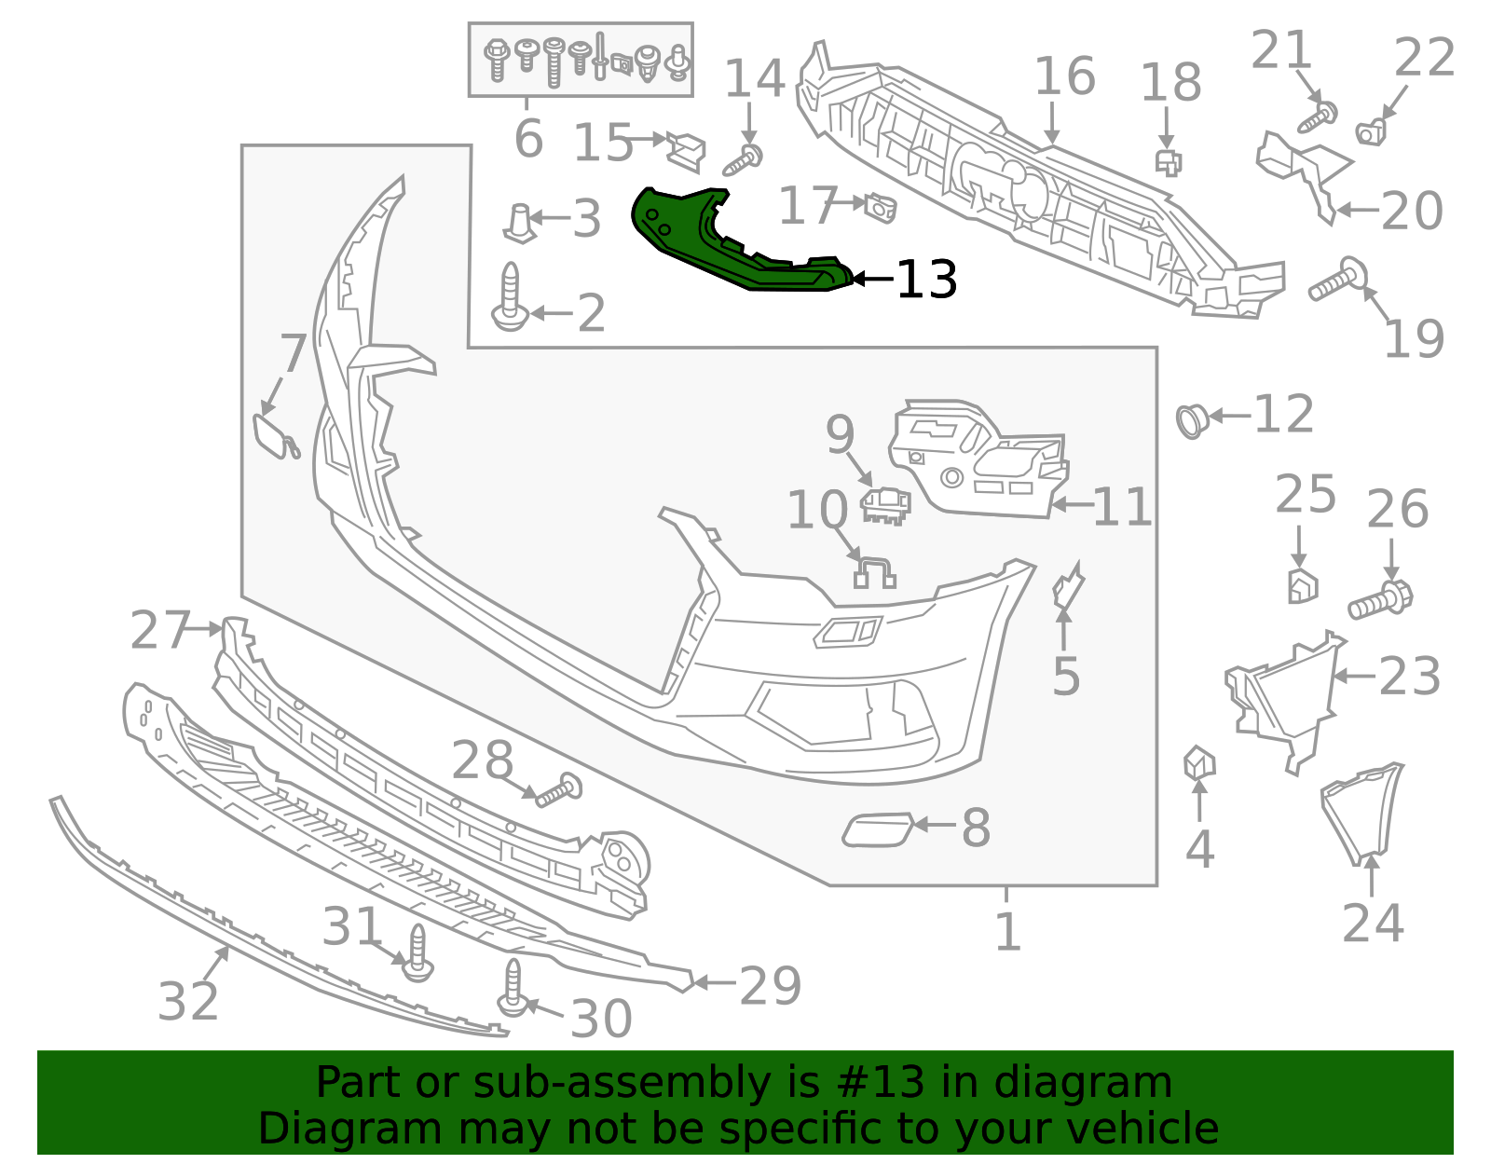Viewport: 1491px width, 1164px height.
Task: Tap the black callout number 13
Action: click(x=926, y=279)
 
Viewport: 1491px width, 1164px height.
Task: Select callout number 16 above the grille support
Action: click(x=1064, y=77)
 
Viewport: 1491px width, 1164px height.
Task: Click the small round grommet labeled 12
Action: click(x=1192, y=421)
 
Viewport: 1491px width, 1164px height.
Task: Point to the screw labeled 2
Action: click(x=509, y=299)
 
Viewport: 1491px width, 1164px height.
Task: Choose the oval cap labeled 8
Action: click(x=877, y=829)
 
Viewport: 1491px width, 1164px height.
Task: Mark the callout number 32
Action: click(x=188, y=1002)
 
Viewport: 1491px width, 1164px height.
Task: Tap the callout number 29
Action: click(x=770, y=986)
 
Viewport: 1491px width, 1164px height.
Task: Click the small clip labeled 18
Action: click(x=1168, y=162)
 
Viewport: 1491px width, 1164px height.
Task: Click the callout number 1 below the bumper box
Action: click(x=1007, y=931)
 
